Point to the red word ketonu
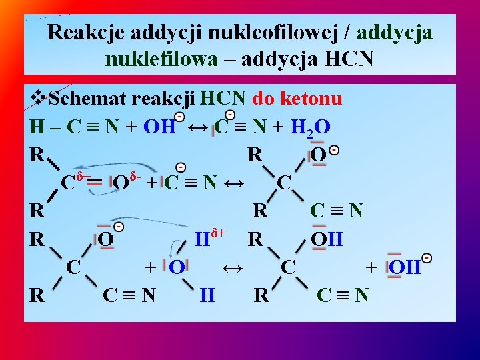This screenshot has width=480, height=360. click(311, 99)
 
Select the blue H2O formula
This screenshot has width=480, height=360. click(311, 127)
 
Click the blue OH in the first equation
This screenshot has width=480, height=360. click(160, 127)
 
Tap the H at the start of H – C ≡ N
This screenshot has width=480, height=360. click(37, 127)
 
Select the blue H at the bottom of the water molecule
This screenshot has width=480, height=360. click(207, 294)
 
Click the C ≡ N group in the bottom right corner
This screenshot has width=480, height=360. click(343, 294)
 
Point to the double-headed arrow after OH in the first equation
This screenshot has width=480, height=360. click(197, 127)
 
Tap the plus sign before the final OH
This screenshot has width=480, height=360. click(371, 267)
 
